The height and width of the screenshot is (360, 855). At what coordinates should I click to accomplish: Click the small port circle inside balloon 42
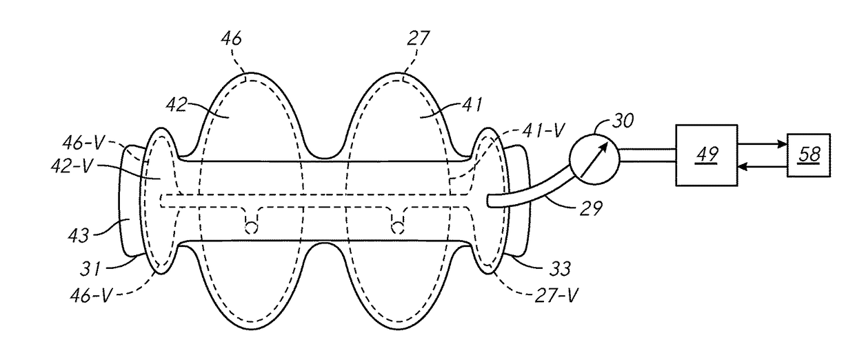pyautogui.click(x=252, y=226)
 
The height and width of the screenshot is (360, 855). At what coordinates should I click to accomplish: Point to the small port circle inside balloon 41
pyautogui.click(x=397, y=226)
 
